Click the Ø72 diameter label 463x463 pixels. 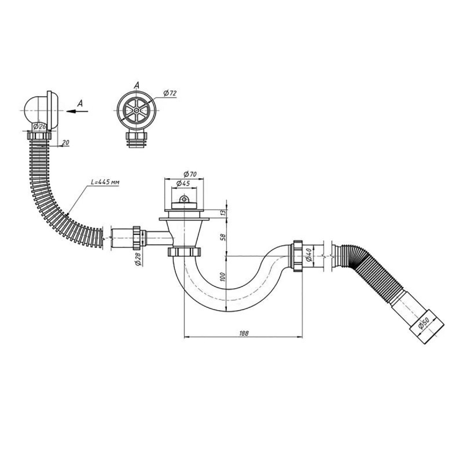(x=170, y=93)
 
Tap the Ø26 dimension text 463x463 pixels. (x=39, y=127)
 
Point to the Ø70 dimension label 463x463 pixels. (x=190, y=174)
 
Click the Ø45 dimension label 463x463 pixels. (x=183, y=183)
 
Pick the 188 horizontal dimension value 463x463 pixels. (x=244, y=333)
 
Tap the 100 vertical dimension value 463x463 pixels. (x=223, y=277)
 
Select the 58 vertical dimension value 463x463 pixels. (x=223, y=237)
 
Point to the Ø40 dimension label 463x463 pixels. (x=309, y=255)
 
